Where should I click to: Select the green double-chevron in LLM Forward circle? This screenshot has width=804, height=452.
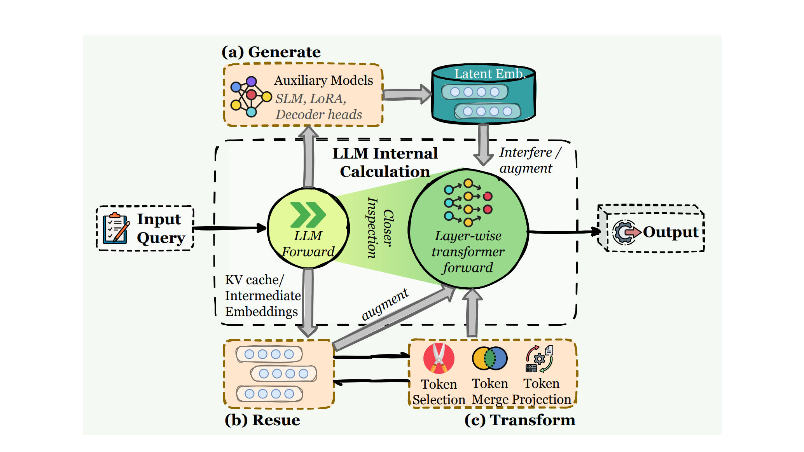(308, 215)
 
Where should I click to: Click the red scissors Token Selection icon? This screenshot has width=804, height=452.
(439, 358)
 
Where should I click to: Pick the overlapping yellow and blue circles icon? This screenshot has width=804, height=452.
(489, 358)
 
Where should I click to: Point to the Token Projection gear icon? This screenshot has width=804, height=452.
(540, 359)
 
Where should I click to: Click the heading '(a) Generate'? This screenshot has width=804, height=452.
(271, 52)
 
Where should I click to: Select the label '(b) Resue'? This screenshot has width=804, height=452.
(262, 420)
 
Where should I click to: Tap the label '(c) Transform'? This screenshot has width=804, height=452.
(520, 420)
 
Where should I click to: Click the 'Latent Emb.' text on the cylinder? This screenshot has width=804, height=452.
(489, 73)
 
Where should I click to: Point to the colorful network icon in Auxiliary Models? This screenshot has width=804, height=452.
(250, 96)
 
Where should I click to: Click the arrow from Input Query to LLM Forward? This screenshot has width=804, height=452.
(229, 228)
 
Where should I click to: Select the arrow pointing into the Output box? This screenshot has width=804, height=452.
(564, 232)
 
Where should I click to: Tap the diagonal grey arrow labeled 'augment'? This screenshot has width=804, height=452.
(393, 319)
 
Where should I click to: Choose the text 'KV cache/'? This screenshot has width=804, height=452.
(255, 280)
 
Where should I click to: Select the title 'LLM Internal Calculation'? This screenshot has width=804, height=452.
(385, 162)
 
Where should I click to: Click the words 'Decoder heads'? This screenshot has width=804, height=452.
(319, 115)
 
